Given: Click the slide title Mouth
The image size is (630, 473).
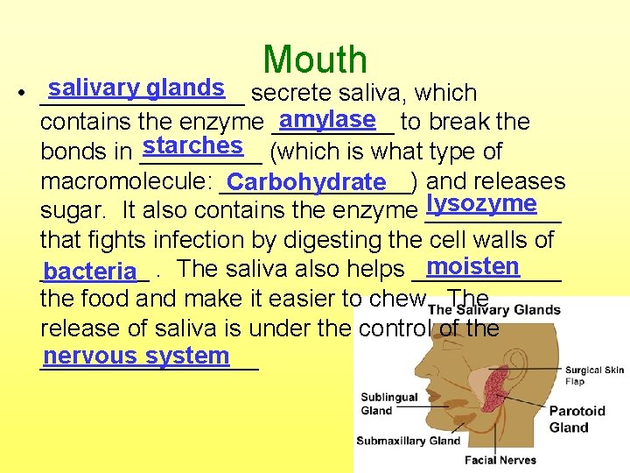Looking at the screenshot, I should coord(315,60).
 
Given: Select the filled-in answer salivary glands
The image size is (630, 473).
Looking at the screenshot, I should coord(136,88).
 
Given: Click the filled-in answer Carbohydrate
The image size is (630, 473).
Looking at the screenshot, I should coord(305,183).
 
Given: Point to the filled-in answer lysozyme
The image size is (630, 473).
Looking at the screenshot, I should coord(479,204).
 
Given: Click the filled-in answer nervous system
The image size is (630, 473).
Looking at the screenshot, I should coord(136,357).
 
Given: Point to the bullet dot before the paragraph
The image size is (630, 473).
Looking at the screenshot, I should coord(30,95).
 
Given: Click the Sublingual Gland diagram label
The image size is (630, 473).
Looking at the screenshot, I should coord(388,404).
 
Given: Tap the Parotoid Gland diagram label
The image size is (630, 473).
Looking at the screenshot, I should coord(577,419).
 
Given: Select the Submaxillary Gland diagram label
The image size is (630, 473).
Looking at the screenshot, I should coord(408,441).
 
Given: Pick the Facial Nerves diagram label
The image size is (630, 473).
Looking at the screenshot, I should coord(500,460).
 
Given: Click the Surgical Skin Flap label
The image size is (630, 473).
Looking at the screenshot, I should coord(594,376).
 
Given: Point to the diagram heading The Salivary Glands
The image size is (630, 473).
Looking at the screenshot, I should coord(494,310).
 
